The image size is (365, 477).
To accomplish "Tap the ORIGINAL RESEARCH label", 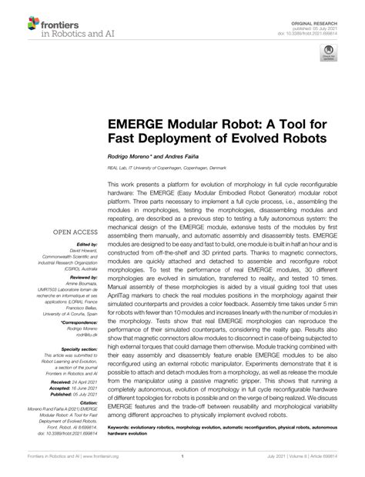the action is (318, 12).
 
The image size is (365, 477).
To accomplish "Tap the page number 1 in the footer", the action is (182, 467).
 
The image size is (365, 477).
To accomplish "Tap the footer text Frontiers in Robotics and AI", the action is (48, 467).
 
